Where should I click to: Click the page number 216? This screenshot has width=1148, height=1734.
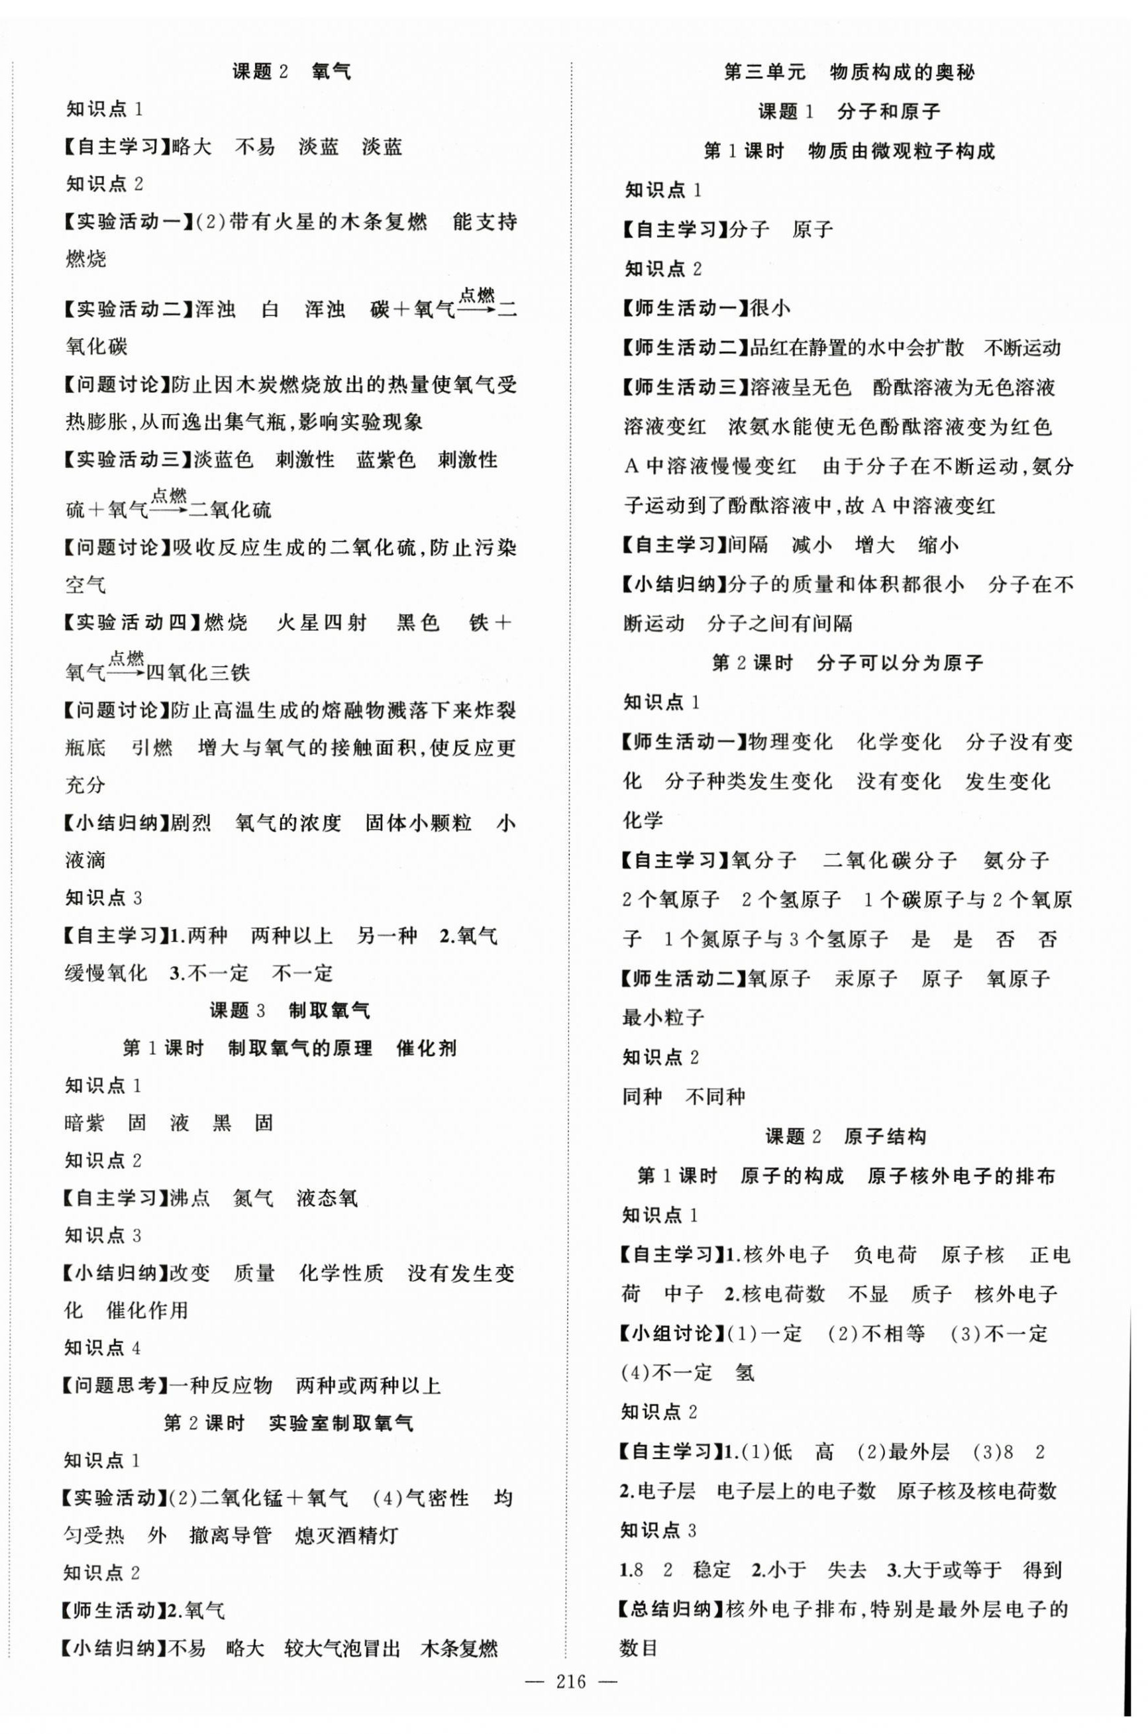point(571,1681)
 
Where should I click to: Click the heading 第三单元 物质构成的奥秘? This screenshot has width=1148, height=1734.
point(849,72)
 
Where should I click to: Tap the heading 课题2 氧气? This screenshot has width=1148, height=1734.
point(291,71)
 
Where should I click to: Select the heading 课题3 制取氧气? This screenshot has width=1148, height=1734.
point(290,1011)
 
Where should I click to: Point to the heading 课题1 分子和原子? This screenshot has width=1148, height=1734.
point(849,112)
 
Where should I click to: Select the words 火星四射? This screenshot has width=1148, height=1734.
point(321,623)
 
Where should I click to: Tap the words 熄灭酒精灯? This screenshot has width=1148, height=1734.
point(346,1536)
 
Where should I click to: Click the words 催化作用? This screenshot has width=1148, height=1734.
point(147,1310)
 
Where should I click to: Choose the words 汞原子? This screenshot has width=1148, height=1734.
point(865,978)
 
